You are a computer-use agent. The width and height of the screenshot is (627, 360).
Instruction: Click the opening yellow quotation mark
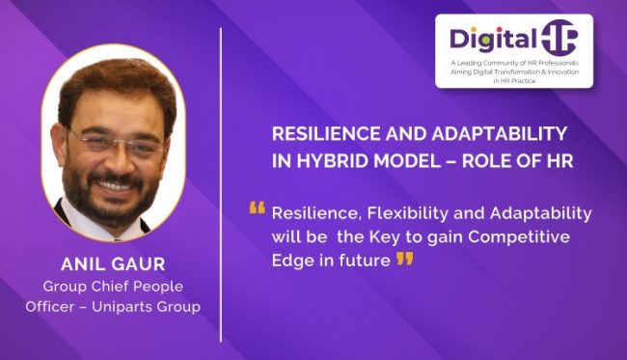click(257, 208)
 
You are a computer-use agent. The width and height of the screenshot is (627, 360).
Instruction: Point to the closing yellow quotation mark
click(405, 258)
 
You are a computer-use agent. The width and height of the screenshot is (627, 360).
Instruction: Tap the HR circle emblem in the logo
click(559, 38)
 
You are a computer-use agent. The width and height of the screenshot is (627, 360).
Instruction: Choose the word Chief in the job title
click(107, 287)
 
